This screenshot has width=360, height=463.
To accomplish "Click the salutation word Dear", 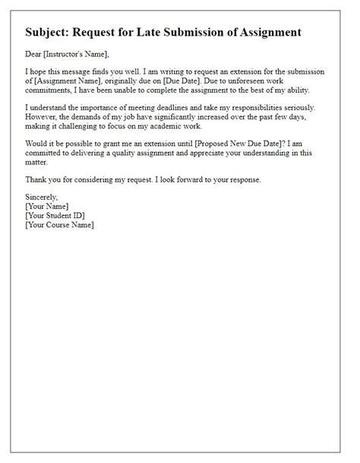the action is (x=34, y=53).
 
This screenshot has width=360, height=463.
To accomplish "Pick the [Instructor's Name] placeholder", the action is (x=77, y=53).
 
